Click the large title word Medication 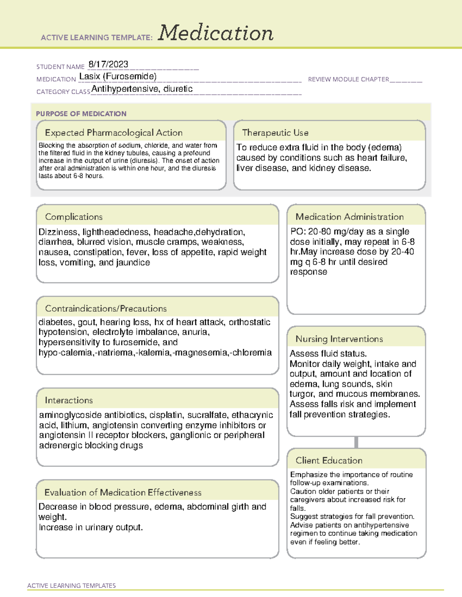216,33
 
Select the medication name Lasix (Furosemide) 118,76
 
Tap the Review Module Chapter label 348,79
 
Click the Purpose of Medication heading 81,114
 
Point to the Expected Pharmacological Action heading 114,133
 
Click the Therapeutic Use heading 275,133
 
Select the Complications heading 74,217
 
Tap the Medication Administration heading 349,217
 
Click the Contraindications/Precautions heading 105,309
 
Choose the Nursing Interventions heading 339,339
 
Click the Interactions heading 69,401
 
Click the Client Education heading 329,461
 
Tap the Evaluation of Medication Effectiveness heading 123,492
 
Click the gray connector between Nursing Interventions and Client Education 356,442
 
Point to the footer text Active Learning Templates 71,585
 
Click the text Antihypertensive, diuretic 142,89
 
